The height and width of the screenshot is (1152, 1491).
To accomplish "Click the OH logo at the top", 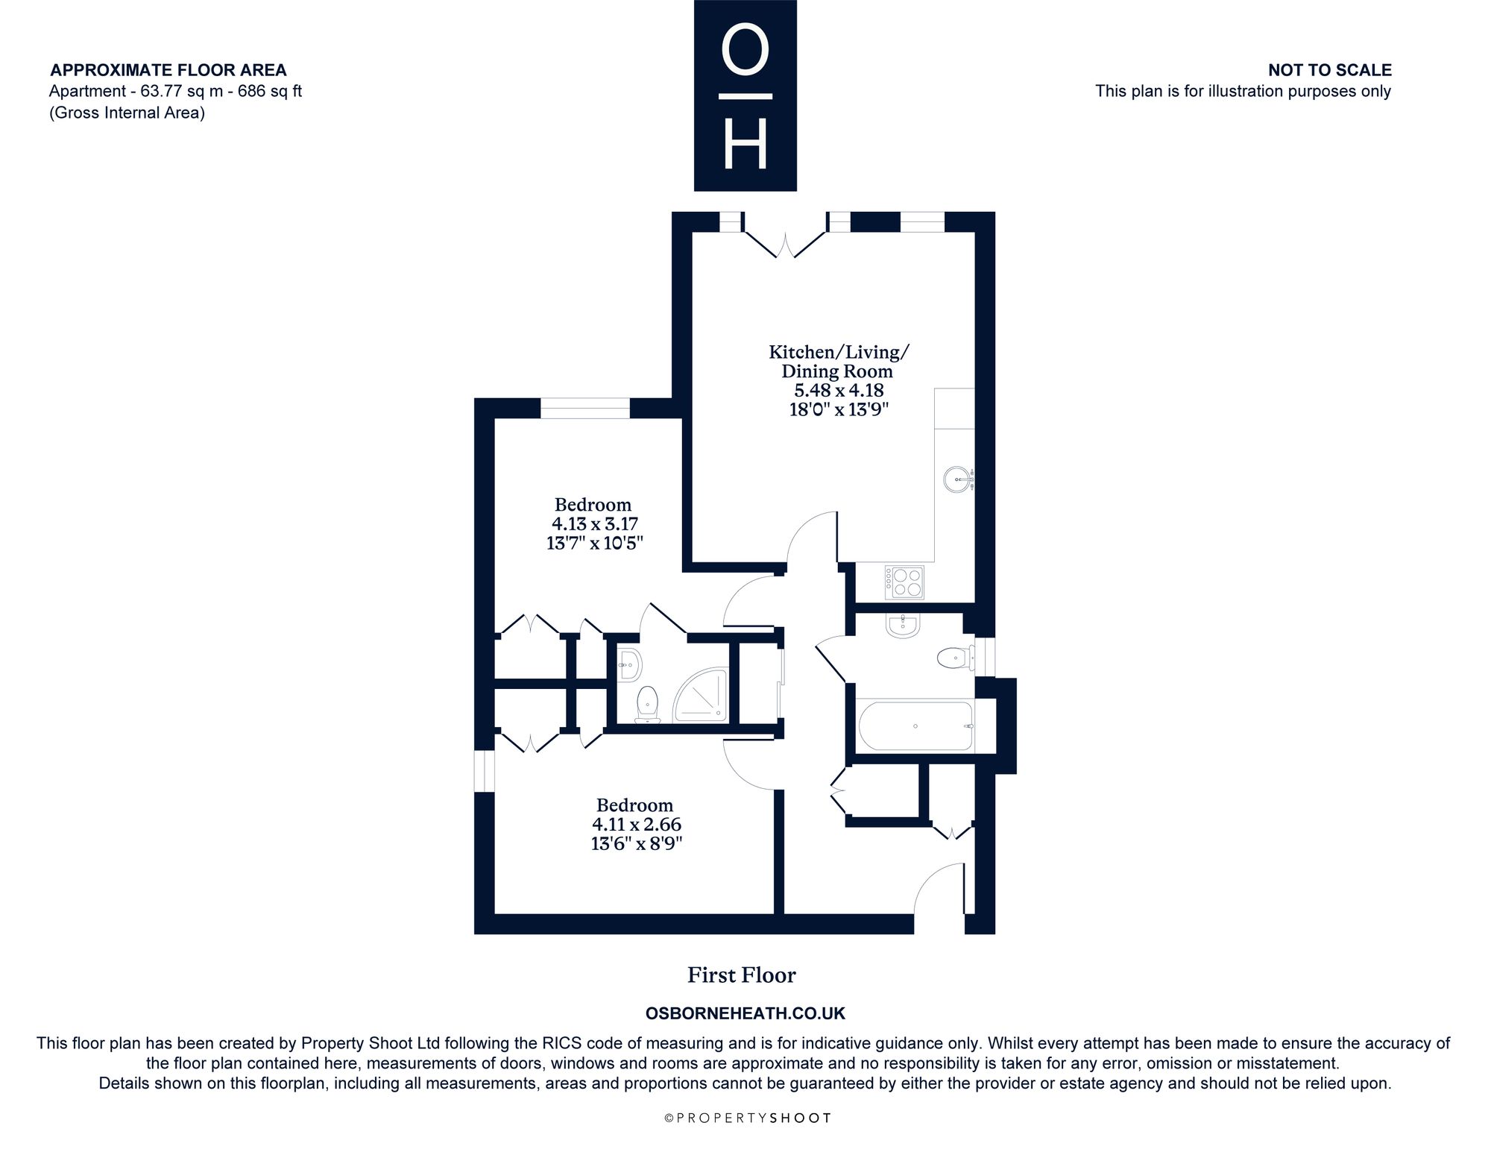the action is point(745,95).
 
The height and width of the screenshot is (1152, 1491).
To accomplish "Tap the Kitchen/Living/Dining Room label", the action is point(839,362).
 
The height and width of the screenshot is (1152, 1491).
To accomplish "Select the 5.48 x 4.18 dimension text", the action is point(839,390).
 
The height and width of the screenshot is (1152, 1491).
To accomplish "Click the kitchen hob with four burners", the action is point(904,582).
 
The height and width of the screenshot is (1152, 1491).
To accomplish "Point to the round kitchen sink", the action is point(958,478).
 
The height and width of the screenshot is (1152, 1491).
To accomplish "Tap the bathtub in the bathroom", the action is point(916,725).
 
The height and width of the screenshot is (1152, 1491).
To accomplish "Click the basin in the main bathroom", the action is point(903,626).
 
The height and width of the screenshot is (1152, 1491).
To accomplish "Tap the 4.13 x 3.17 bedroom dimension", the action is point(594,524).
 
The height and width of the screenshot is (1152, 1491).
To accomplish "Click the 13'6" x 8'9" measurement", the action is point(636,843).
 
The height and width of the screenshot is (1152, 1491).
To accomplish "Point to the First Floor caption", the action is point(742,975).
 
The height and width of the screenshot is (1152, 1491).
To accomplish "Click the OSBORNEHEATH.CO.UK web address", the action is point(745,1013).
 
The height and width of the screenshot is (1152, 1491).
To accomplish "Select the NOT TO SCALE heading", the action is point(1330,70).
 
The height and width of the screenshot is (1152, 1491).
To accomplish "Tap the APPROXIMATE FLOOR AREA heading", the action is point(168,70).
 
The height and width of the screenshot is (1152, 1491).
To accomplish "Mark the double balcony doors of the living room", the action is point(786,245).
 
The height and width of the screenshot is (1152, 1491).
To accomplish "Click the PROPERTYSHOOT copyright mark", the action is point(747,1118).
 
